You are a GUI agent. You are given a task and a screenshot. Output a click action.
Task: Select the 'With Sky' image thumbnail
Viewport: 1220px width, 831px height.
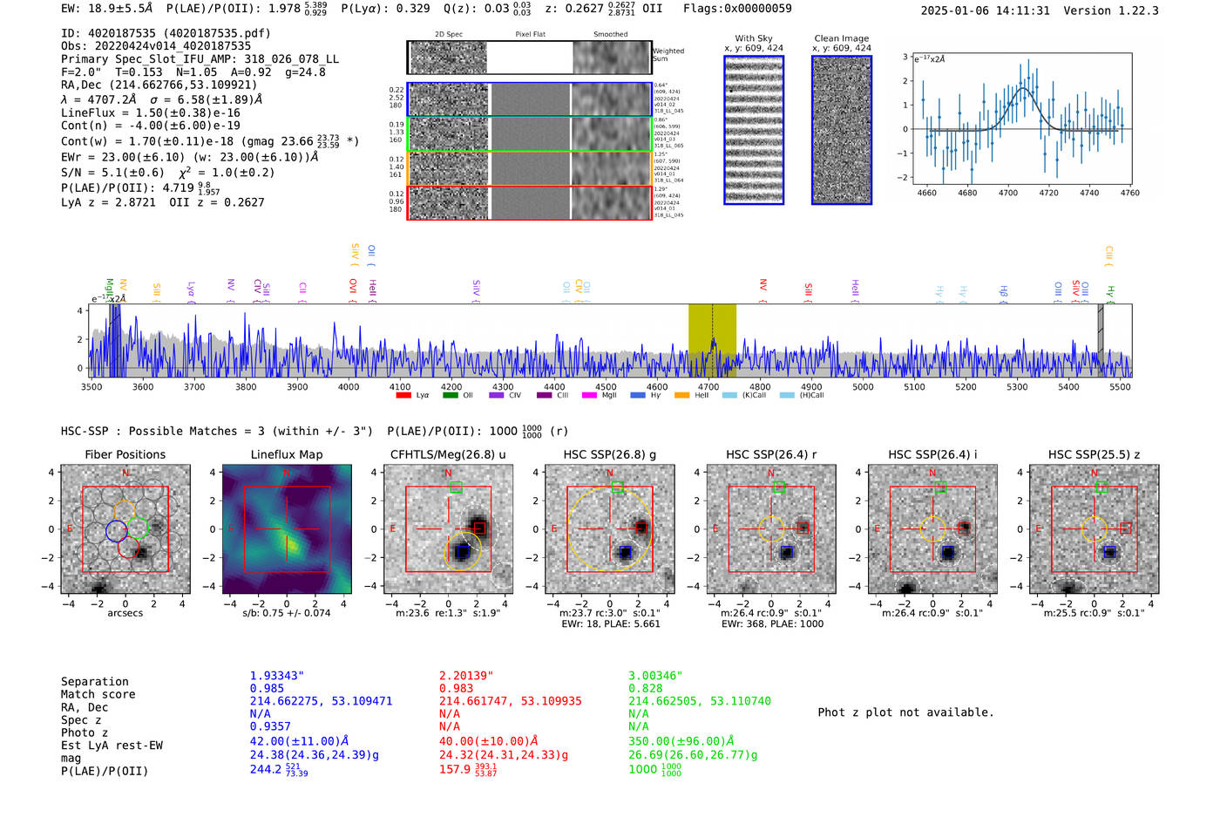tap(754, 130)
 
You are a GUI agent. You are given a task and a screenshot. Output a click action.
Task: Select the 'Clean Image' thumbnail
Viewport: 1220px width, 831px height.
tap(842, 130)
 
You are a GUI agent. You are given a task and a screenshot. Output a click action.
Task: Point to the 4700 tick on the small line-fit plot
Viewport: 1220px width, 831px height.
tap(1008, 193)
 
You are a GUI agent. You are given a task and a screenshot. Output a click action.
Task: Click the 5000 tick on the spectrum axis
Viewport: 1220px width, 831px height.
tap(863, 386)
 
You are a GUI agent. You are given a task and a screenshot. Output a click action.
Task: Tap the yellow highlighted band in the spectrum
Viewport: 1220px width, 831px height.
tap(712, 340)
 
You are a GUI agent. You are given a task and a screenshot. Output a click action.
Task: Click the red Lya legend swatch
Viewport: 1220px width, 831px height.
tap(403, 396)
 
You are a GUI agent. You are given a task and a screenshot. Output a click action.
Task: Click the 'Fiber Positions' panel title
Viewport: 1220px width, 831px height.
tap(125, 454)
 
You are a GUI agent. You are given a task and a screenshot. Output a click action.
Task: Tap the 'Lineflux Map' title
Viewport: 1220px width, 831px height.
tap(287, 454)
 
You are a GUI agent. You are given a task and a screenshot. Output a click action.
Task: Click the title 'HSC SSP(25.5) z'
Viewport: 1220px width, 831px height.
tap(1094, 454)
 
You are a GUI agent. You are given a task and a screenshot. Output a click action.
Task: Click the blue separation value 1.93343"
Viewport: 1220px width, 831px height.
tap(276, 676)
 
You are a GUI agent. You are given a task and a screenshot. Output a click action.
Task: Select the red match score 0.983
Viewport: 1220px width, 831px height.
tap(456, 688)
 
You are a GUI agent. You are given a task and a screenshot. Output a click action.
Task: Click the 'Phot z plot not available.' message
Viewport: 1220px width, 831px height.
tap(905, 712)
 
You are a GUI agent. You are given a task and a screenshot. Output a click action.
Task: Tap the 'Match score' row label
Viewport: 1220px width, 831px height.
tap(98, 694)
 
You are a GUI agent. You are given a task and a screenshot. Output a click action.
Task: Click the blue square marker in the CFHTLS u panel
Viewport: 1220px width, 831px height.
tap(463, 552)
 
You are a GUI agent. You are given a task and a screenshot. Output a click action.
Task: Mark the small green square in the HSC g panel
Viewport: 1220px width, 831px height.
tap(617, 487)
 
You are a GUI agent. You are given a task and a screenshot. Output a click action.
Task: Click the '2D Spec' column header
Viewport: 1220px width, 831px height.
tap(448, 35)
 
